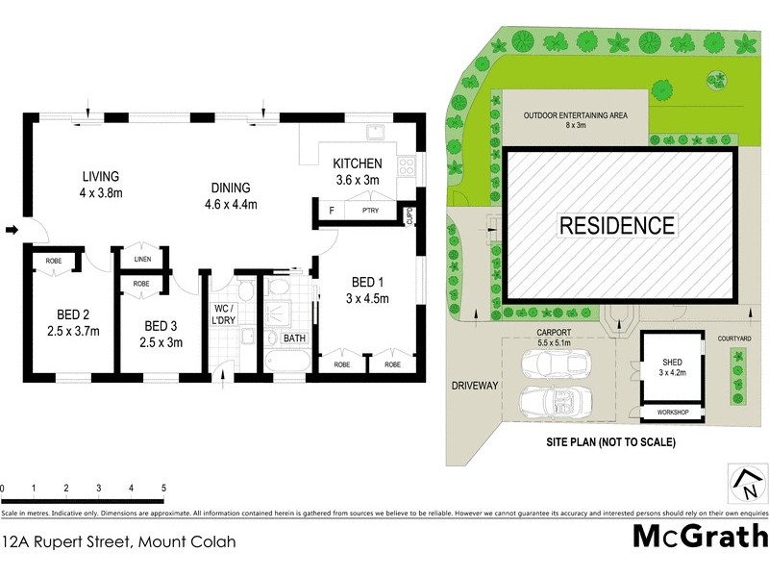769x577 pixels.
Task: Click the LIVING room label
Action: point(100,184)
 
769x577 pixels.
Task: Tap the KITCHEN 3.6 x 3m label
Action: point(358,171)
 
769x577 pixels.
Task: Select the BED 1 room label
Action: point(367,288)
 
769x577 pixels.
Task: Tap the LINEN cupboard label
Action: point(142,259)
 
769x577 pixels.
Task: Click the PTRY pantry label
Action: point(369,210)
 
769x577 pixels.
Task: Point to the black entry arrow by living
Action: point(12,230)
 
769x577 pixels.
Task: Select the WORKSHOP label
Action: point(672,414)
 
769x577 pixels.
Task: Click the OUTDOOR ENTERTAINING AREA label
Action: point(575,119)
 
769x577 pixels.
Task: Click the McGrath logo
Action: point(699,536)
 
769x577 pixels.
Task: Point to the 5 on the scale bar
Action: point(164,489)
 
